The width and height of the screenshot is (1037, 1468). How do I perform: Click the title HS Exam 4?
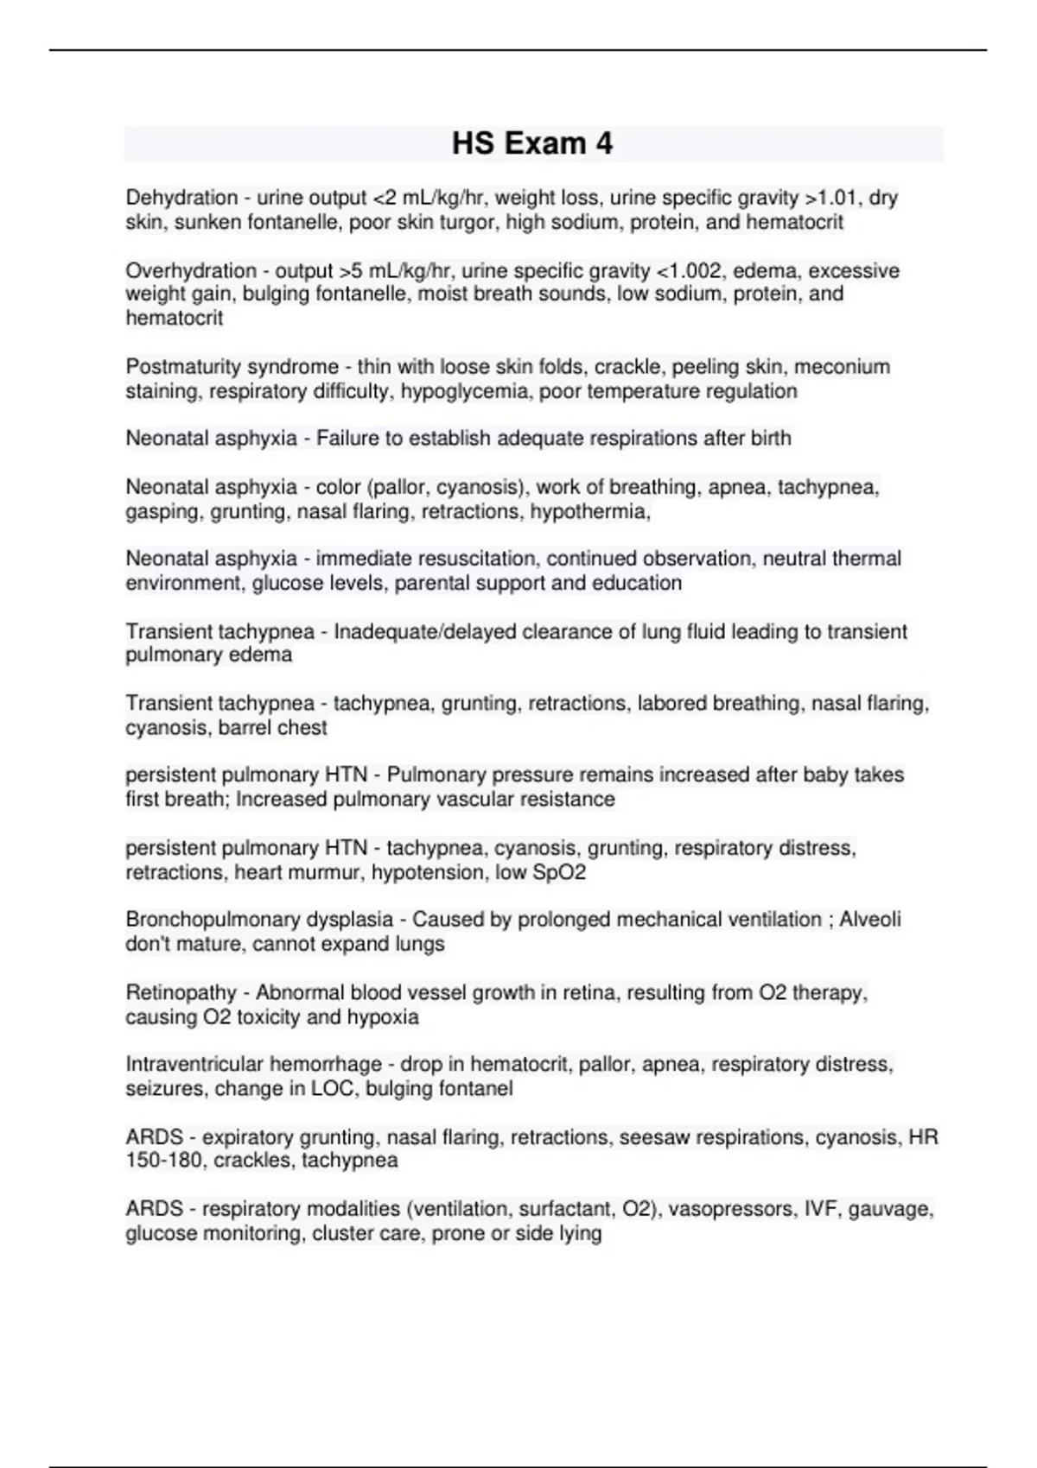[532, 143]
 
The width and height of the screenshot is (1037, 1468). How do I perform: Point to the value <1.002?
[691, 270]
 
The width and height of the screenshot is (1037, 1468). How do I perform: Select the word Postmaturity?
[178, 366]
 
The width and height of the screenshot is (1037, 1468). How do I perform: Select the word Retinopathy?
[181, 992]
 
